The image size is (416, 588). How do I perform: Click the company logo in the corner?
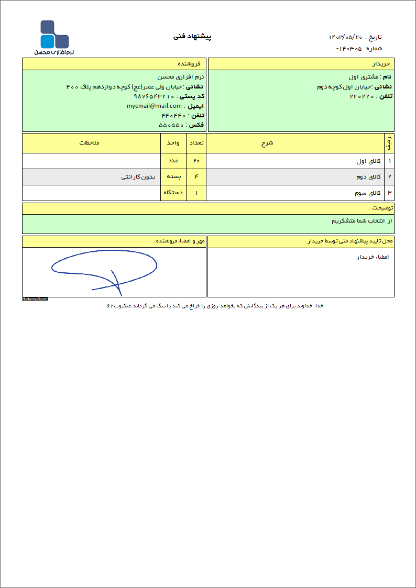click(54, 38)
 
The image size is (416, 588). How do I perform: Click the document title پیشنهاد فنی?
click(192, 37)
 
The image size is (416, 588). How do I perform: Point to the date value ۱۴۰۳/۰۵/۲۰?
click(345, 37)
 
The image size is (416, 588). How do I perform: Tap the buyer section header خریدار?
click(381, 64)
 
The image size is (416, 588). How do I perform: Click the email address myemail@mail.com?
click(154, 106)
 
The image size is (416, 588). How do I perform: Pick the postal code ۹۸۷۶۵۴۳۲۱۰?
click(154, 96)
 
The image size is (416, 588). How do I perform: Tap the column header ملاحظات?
click(90, 143)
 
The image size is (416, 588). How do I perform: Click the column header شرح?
click(267, 143)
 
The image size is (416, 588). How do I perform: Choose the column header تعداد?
click(196, 143)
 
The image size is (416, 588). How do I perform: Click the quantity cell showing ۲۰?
click(196, 161)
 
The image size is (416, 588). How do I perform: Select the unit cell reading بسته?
click(173, 177)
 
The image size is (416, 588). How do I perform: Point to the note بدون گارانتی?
click(138, 177)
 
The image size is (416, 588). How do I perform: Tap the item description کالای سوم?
click(367, 193)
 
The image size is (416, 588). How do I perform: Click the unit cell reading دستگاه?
click(173, 193)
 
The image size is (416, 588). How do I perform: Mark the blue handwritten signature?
click(105, 271)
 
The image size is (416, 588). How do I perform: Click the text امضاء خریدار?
click(373, 257)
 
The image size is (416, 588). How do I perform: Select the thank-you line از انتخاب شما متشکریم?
click(362, 221)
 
